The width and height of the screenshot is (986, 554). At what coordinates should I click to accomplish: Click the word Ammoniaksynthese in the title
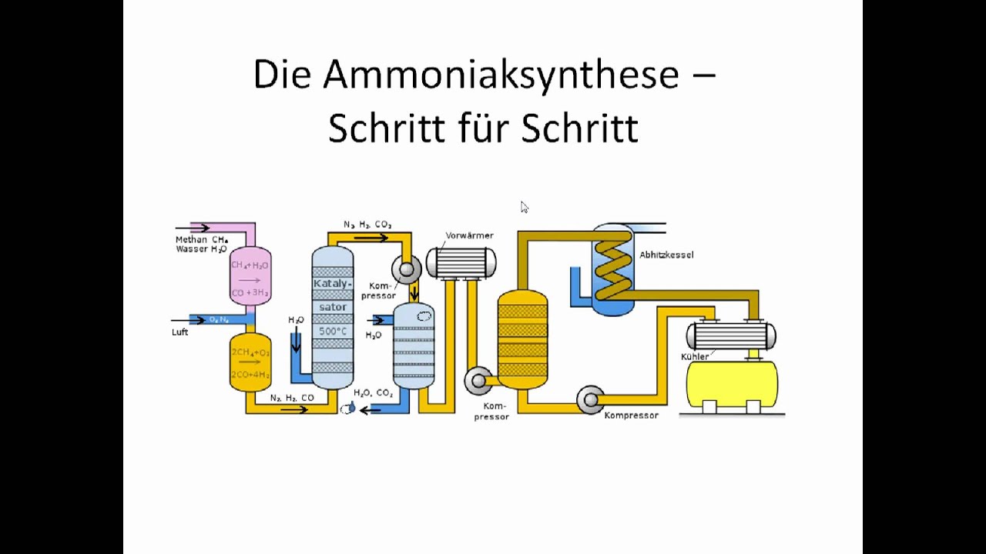[501, 75]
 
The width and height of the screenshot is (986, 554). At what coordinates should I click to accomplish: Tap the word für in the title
[482, 128]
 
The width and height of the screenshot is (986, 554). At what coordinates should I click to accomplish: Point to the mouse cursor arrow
[524, 206]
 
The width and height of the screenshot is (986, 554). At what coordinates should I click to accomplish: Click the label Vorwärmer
[469, 235]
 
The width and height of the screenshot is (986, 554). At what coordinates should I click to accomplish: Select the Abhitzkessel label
[666, 255]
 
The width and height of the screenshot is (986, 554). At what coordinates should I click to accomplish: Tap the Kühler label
[695, 356]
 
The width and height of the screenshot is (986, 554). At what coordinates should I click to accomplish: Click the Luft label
[179, 332]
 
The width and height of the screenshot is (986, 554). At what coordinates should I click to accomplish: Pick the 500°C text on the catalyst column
[332, 332]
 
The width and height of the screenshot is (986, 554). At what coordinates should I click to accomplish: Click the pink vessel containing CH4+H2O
[250, 275]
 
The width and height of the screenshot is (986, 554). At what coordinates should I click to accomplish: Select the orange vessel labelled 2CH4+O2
[250, 363]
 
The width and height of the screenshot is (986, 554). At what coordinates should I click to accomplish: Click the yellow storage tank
[732, 383]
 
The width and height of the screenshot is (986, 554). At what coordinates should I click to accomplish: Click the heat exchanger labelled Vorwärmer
[461, 262]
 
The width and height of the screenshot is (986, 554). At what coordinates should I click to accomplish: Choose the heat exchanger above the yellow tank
[730, 336]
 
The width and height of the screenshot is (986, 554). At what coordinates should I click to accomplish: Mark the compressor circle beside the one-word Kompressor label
[589, 399]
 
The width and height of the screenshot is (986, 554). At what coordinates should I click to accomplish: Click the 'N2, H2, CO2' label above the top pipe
[367, 225]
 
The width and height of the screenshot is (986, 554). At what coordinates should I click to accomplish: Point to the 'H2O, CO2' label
[374, 393]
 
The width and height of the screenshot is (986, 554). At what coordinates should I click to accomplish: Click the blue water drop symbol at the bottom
[350, 408]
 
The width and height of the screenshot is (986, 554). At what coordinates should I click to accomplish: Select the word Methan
[191, 239]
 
